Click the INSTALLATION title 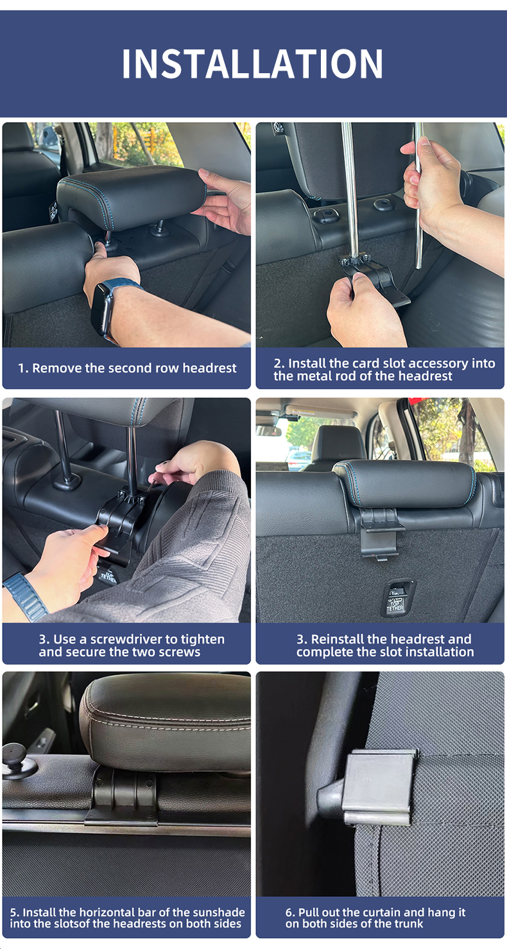pos(252,64)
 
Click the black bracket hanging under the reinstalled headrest pos(380,534)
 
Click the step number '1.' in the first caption pos(23,368)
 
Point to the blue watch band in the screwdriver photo pos(26,595)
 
